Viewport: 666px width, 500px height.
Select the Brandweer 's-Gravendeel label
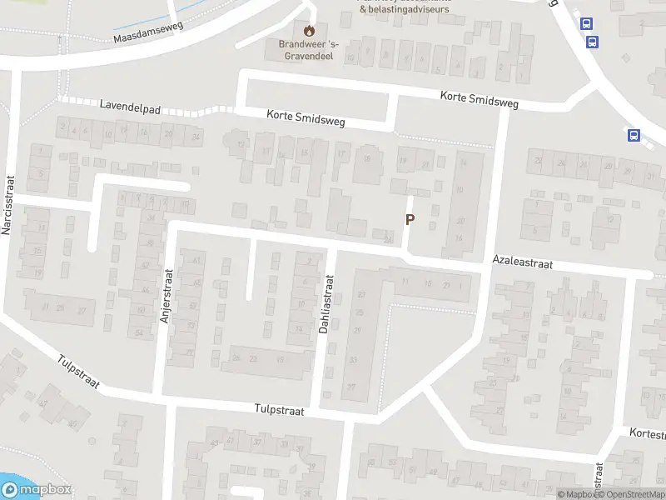pos(310,52)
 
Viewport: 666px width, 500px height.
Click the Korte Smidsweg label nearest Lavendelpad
pos(305,120)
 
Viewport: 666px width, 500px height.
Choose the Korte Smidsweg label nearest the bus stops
pos(479,100)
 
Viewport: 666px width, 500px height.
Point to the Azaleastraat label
pos(522,262)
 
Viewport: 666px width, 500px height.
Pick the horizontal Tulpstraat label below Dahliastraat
pos(280,411)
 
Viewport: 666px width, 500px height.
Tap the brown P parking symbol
pos(409,220)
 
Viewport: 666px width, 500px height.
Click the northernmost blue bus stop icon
pos(589,24)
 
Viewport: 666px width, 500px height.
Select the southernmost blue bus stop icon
pos(634,136)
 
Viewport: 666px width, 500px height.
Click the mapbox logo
pos(37,490)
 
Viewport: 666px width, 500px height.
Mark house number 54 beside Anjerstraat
pos(139,333)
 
